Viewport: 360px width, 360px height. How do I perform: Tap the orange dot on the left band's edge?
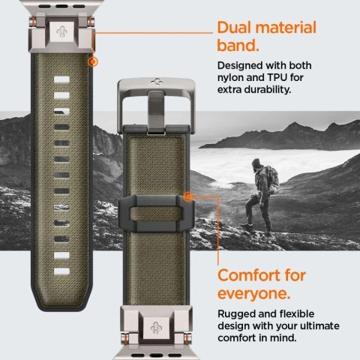(93, 61)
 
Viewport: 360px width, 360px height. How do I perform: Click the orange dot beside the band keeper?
(187, 196)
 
